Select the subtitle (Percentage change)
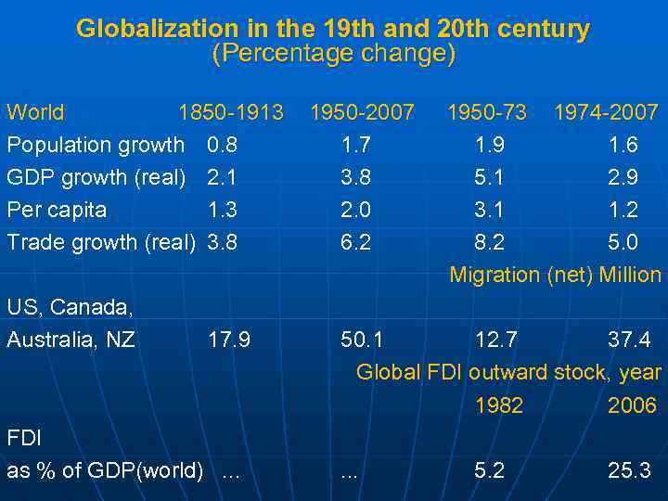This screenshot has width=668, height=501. click(334, 54)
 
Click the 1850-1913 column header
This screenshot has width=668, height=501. click(231, 113)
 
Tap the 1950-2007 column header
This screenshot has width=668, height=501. click(362, 113)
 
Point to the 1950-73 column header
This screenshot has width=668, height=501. click(486, 113)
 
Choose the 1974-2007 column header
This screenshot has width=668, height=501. click(606, 113)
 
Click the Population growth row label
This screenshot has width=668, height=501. click(96, 145)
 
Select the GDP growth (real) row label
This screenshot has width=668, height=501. click(96, 177)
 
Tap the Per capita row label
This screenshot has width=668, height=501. click(57, 210)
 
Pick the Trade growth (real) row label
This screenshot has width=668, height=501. click(100, 242)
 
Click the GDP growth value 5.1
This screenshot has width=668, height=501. click(490, 177)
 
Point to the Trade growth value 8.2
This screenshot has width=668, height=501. click(490, 242)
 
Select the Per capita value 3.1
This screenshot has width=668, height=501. click(490, 210)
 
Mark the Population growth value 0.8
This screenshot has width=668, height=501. click(223, 145)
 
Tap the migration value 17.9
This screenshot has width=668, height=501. click(229, 340)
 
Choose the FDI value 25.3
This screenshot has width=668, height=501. click(629, 470)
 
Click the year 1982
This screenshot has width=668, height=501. click(498, 405)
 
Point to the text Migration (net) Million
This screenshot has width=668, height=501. click(555, 275)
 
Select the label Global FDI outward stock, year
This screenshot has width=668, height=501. click(508, 373)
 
